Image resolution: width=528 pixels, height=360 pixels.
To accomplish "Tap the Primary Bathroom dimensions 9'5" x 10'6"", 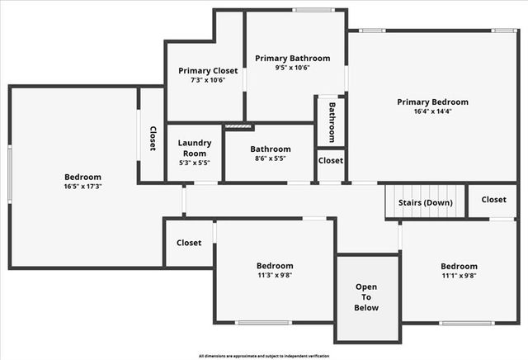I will (292, 69).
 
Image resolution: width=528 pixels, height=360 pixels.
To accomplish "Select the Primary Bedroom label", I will (432, 102).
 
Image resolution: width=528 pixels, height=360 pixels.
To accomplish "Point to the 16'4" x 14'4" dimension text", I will (432, 111).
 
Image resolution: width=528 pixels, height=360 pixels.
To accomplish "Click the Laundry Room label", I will (195, 148).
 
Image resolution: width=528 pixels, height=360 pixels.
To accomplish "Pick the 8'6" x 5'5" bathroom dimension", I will (271, 159).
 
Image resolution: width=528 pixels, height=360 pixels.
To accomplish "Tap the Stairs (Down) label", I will (426, 201).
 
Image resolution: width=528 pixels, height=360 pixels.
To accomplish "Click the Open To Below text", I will (367, 297).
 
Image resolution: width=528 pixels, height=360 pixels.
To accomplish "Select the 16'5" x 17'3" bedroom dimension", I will (82, 187).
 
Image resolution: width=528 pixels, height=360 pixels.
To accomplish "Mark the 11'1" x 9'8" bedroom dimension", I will (459, 276).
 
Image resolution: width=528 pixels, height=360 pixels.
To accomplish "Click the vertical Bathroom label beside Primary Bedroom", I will (332, 121).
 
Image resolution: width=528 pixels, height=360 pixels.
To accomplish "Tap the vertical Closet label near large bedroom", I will (153, 137).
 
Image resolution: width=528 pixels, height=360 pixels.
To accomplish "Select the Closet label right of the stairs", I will (493, 199).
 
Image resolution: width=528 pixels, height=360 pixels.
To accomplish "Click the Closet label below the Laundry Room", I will (189, 243).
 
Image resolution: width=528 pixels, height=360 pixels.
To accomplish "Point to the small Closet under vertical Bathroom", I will (331, 161).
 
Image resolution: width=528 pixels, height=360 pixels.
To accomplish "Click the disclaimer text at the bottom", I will (264, 355).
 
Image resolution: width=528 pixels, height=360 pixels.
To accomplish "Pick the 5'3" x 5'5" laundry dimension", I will (195, 163).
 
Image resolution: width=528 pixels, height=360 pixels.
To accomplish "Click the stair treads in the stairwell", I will (426, 211).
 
